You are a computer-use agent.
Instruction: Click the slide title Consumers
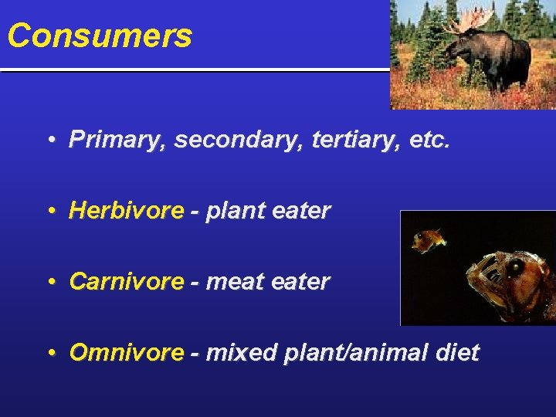point(100,36)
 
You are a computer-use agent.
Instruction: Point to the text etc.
point(425,140)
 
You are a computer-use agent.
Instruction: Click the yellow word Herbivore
point(127,211)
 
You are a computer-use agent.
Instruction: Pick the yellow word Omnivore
point(127,353)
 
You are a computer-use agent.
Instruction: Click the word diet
point(457,353)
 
